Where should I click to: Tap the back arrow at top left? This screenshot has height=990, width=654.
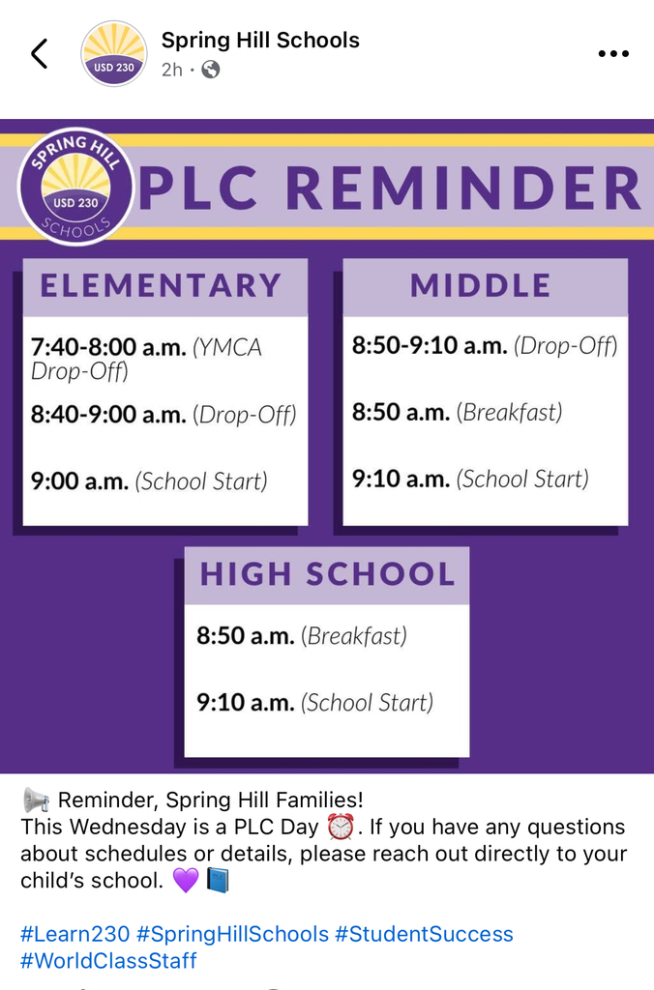(x=39, y=54)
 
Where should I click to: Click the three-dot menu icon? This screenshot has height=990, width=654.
(x=613, y=54)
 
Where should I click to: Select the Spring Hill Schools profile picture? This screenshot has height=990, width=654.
(x=114, y=54)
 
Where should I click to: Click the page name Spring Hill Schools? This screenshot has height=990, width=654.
(x=260, y=41)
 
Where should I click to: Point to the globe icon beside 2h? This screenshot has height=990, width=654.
(x=210, y=70)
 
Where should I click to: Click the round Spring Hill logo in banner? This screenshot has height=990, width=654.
(x=75, y=186)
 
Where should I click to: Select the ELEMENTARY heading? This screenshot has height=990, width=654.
(x=161, y=286)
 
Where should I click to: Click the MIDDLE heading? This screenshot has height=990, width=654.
(x=481, y=286)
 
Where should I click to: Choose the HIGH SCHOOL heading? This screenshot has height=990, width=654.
(x=327, y=574)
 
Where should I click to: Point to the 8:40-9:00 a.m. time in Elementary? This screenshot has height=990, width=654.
(x=108, y=415)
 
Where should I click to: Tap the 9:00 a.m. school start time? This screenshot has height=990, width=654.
(x=79, y=481)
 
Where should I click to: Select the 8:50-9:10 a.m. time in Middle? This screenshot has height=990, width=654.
(x=430, y=345)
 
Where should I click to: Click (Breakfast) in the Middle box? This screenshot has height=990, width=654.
(x=509, y=413)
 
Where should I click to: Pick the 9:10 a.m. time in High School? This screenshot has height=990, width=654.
(x=245, y=703)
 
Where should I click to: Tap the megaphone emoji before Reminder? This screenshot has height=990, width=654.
(x=36, y=801)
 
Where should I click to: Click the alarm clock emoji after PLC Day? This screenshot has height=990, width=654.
(x=341, y=828)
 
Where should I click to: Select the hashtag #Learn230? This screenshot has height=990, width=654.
(x=75, y=934)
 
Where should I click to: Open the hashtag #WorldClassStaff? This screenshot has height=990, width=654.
(x=108, y=960)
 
